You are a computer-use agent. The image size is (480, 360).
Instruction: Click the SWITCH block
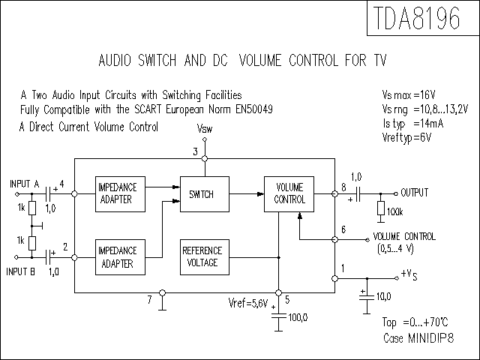click(205, 194)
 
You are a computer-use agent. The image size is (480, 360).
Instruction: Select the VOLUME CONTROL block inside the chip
click(289, 194)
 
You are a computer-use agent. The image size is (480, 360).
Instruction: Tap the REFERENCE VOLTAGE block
click(205, 257)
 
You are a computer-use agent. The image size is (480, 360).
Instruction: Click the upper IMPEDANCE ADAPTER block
click(120, 194)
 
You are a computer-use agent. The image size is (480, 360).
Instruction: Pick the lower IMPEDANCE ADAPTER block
click(120, 257)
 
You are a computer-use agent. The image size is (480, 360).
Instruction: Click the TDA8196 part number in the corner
click(417, 18)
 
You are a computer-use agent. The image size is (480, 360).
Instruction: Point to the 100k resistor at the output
click(381, 208)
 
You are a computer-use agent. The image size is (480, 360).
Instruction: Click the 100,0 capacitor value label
click(298, 317)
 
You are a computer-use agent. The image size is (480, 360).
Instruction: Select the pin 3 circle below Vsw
click(205, 158)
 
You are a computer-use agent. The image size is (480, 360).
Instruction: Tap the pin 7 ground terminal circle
click(163, 293)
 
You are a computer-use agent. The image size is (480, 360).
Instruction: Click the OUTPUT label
click(415, 193)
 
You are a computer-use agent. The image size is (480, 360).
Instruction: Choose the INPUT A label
click(25, 184)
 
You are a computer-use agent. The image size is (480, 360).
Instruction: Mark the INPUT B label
click(20, 271)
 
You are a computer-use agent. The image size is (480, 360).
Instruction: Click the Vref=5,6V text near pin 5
click(248, 303)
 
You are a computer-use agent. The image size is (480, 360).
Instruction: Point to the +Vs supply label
click(409, 274)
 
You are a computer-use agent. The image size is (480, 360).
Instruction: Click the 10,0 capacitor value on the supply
click(383, 296)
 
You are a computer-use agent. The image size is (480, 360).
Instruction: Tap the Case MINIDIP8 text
click(418, 338)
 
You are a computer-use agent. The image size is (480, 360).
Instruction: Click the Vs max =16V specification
click(409, 95)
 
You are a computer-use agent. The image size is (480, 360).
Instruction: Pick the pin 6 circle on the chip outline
click(335, 239)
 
